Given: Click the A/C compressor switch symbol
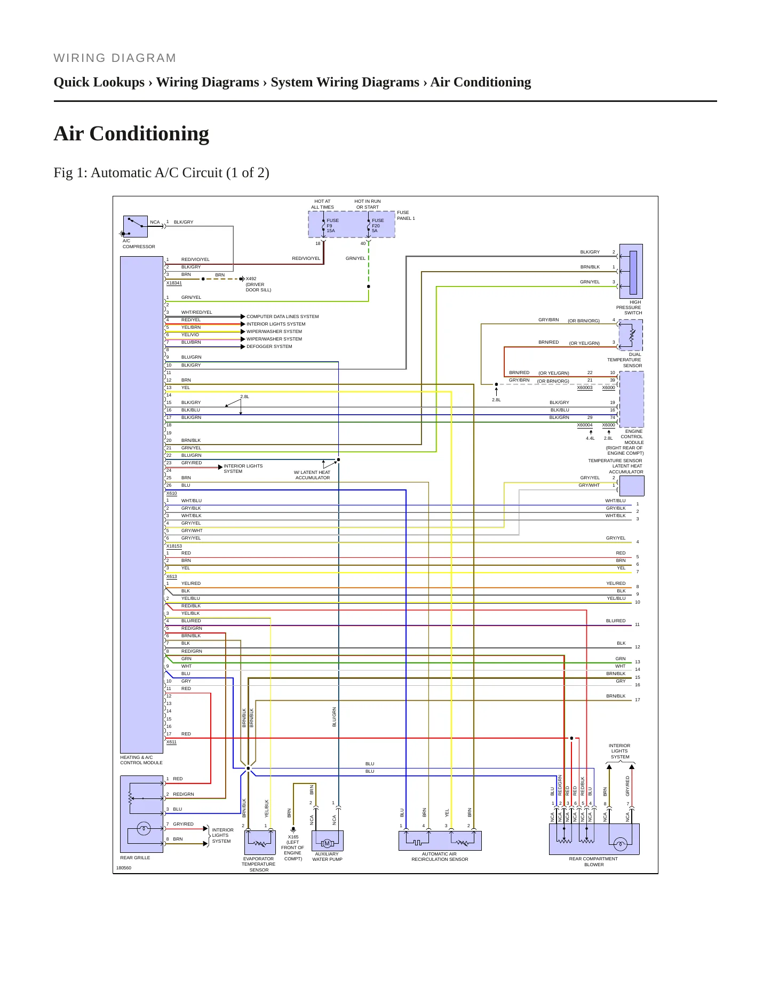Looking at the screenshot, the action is (x=136, y=226).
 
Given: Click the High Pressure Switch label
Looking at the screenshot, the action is (x=630, y=307).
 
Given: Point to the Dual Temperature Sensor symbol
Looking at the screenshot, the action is (x=631, y=335).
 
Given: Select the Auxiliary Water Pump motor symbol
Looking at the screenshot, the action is (x=327, y=844).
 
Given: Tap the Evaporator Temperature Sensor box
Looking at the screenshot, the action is (x=260, y=842).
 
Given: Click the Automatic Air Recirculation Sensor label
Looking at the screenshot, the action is (x=440, y=857).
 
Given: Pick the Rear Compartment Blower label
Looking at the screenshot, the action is (x=593, y=862).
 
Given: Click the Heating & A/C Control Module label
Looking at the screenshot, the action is (x=141, y=760).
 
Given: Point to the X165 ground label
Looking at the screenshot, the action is (x=292, y=847).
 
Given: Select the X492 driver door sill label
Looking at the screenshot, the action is (x=258, y=284).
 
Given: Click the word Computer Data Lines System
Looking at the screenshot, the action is (x=282, y=316).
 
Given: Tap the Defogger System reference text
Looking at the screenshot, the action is (x=269, y=346).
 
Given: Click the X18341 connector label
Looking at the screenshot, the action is (x=174, y=283).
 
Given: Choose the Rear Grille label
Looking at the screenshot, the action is (x=135, y=858).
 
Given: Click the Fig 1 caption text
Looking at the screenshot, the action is (x=161, y=173).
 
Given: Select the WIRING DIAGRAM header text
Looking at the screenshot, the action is (x=115, y=58).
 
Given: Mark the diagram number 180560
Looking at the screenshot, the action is (x=124, y=868).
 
